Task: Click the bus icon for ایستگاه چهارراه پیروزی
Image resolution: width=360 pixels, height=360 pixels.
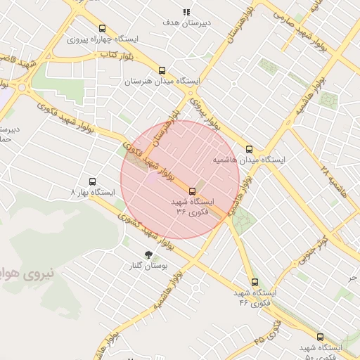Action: click(103, 29)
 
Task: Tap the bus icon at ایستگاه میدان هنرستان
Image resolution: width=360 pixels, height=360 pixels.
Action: click(162, 70)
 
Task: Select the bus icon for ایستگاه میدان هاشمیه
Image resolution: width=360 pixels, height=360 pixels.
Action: click(249, 149)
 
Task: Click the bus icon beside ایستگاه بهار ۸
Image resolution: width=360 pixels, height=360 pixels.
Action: click(91, 181)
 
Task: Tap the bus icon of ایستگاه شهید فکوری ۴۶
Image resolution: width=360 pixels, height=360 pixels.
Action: click(255, 282)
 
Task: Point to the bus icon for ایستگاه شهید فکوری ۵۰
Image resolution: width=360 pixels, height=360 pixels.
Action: click(321, 337)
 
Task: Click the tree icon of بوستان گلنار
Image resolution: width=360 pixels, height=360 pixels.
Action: click(148, 255)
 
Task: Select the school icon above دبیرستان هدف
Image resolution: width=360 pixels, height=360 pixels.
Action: click(186, 12)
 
